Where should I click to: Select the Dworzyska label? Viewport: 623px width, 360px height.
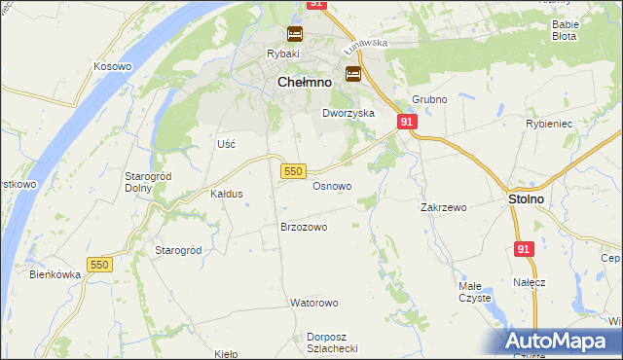[348, 113]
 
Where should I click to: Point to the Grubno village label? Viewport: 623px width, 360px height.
[428, 99]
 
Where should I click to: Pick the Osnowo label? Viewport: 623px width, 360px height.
[332, 185]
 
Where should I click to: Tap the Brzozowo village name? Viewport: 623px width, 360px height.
[303, 227]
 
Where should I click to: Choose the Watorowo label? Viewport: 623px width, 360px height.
[314, 303]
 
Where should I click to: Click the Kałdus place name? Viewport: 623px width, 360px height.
[227, 194]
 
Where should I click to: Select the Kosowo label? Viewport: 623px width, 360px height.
[112, 65]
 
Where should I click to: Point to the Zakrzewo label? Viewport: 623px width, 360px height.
[444, 207]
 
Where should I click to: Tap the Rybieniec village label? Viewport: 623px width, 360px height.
[575, 124]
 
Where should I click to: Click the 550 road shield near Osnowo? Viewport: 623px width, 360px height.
[294, 170]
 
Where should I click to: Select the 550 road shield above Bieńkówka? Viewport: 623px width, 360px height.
[98, 265]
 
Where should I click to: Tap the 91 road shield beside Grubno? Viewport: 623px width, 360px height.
[407, 121]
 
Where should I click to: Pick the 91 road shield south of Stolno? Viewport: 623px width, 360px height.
[525, 249]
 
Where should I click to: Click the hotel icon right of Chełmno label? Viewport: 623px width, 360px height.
[352, 73]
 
